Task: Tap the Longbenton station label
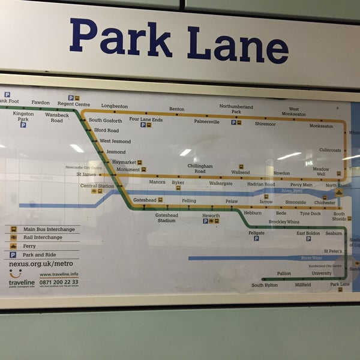click(114, 106)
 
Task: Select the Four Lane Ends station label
click(146, 119)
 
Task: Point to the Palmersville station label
click(206, 121)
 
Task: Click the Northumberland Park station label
click(236, 109)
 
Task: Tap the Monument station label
click(128, 170)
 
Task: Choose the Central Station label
click(97, 186)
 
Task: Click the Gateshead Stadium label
click(166, 218)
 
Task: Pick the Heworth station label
click(211, 215)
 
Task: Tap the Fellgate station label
click(256, 233)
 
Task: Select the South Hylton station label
click(264, 285)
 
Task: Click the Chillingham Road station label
click(200, 169)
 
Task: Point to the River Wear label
click(311, 258)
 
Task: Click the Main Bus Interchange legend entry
click(49, 229)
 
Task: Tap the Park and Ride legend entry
click(44, 254)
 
